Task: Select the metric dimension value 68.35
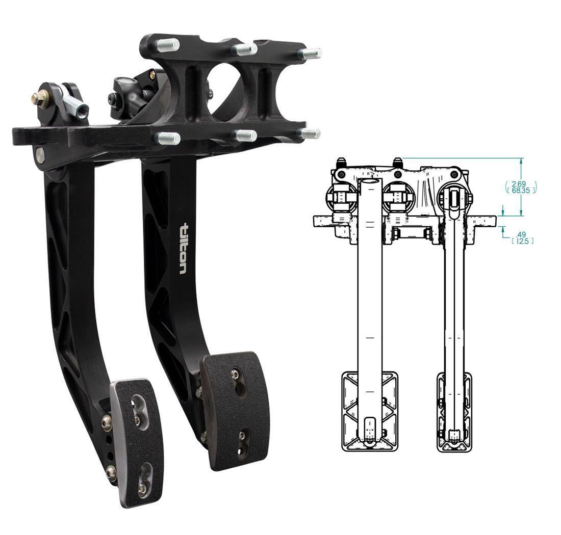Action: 520,190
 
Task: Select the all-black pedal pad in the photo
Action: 235,408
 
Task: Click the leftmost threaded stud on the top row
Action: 168,45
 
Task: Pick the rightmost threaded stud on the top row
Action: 310,53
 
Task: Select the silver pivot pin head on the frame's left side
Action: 40,153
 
